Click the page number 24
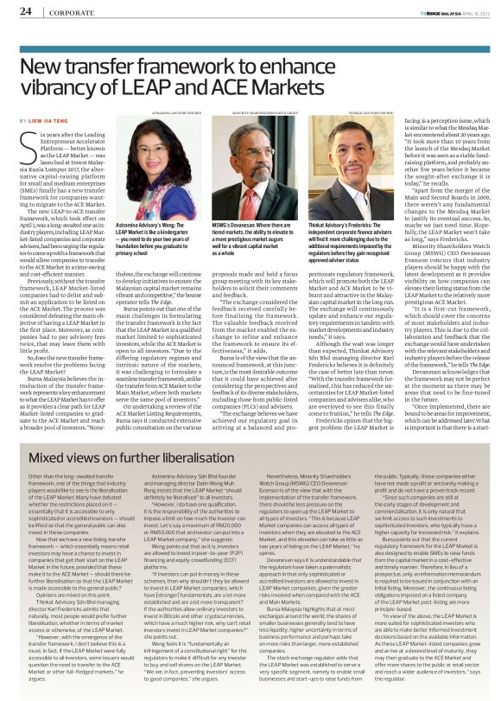click(x=26, y=11)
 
